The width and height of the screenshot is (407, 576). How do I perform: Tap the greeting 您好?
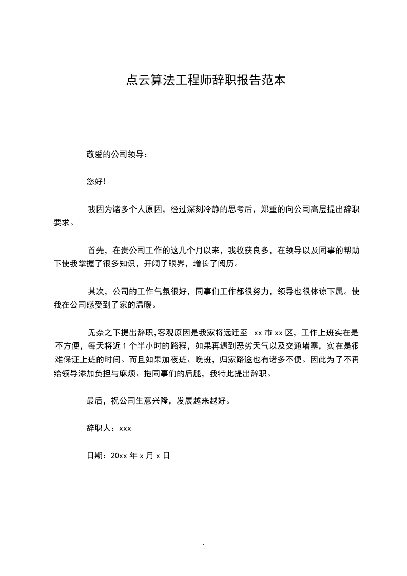point(95,182)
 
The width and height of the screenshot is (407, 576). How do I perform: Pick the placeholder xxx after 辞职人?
point(125,428)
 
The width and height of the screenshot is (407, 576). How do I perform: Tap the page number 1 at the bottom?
point(204,547)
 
